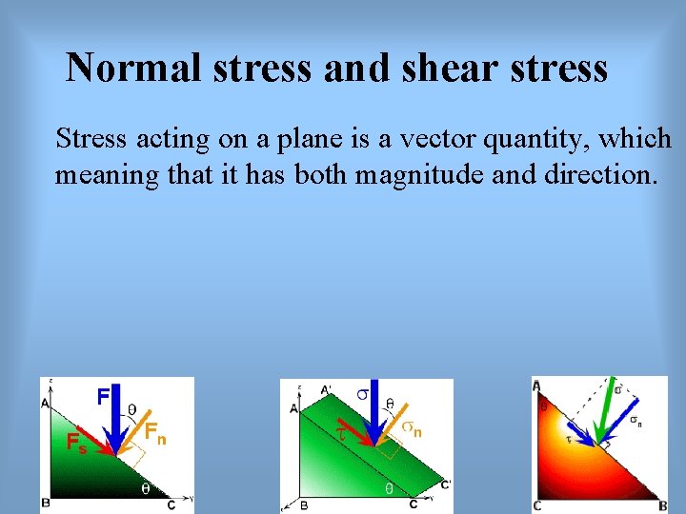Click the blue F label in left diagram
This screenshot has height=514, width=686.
103,395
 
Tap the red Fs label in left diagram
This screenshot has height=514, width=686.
75,443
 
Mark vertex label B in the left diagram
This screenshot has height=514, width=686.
45,502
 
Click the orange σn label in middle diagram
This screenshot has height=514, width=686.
412,429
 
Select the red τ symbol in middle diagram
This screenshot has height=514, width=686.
339,433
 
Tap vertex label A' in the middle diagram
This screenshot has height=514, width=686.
326,389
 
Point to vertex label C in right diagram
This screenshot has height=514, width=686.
538,505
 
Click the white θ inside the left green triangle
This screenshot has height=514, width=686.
145,488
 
